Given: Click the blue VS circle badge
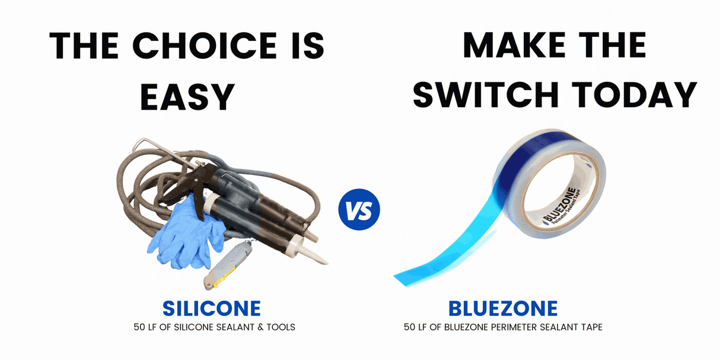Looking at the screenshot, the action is tap(359, 209).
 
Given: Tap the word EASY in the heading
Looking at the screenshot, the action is tap(187, 97).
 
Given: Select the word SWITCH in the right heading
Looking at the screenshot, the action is tap(486, 94).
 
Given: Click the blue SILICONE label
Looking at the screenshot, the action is tap(212, 308).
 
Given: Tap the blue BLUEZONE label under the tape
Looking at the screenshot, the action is tap(503, 308).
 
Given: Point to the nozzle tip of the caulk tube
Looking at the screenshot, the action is tap(326, 263).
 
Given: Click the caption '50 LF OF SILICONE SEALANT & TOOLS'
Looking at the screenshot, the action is tap(214, 327).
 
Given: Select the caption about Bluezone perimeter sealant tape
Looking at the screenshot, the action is tap(503, 327).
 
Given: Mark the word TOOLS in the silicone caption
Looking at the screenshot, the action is tap(281, 327).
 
